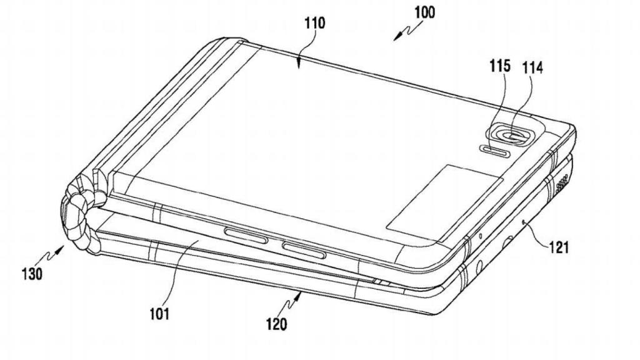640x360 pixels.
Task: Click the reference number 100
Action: [424, 12]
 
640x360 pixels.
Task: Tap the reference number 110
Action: [314, 24]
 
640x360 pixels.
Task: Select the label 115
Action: [501, 66]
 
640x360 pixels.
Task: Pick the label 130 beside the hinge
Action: [31, 273]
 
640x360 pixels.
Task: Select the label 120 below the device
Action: [276, 324]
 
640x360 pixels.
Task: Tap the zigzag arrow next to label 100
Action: [404, 32]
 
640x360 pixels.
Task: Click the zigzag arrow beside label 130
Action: [53, 254]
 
